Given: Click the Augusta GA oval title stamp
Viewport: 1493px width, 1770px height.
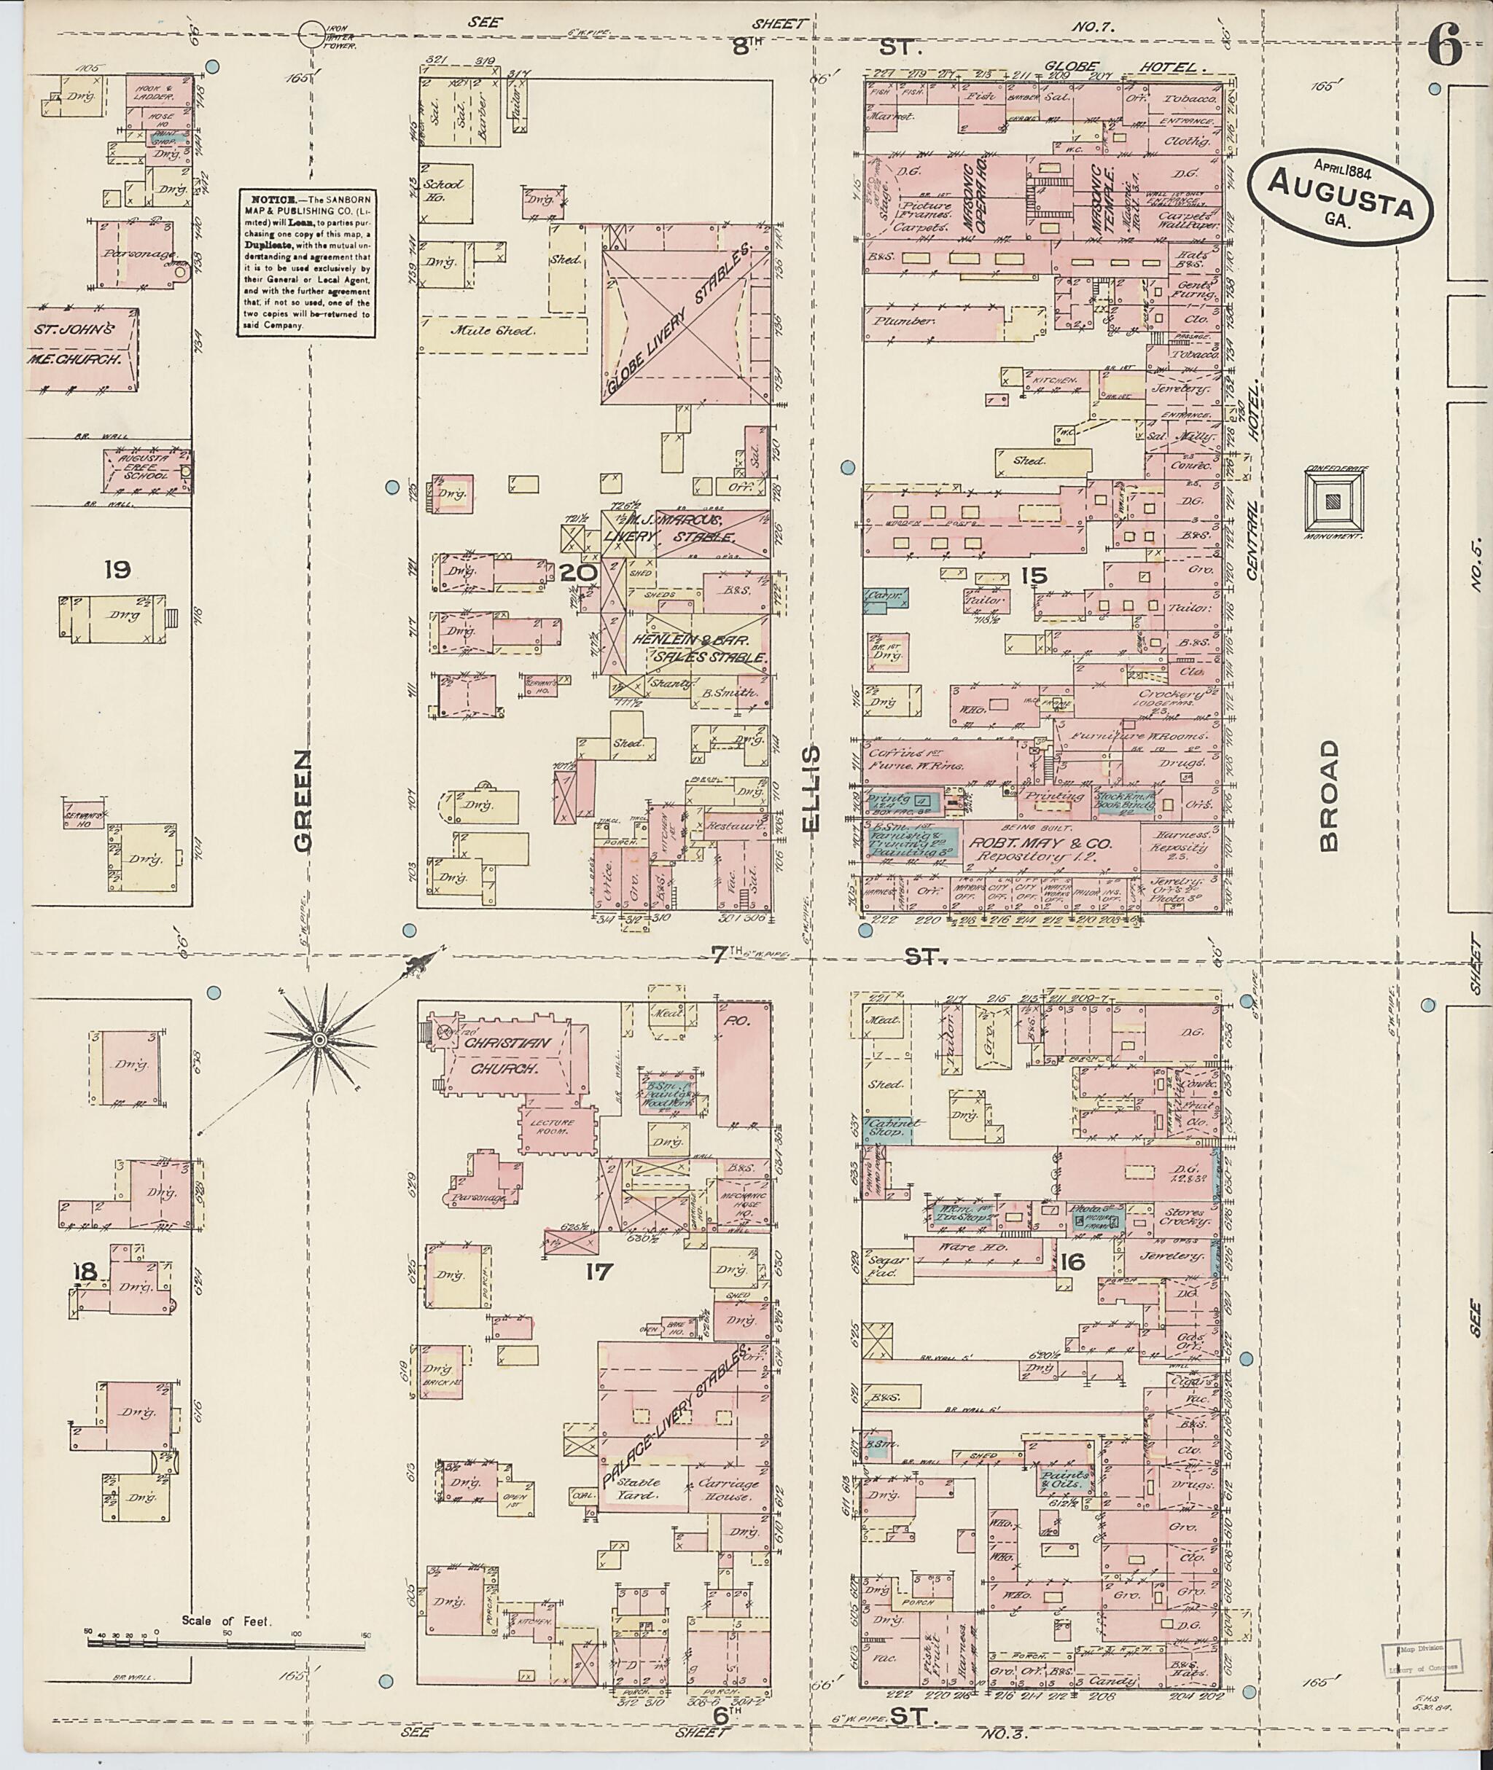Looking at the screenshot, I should point(1341,199).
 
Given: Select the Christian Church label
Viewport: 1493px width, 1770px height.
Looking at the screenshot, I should point(506,1055).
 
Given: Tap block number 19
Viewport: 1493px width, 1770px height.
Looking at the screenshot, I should point(117,569).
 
